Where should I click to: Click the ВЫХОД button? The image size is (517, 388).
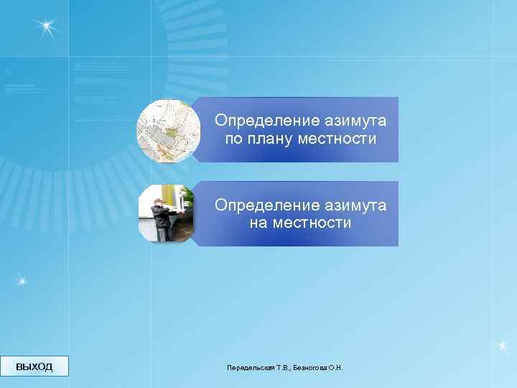(34, 366)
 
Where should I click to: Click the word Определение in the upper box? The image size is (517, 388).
(258, 120)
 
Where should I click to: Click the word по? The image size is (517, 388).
(233, 138)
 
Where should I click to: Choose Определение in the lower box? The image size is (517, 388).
(258, 205)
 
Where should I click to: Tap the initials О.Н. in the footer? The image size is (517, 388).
(336, 368)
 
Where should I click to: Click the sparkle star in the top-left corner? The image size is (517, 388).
(47, 27)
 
